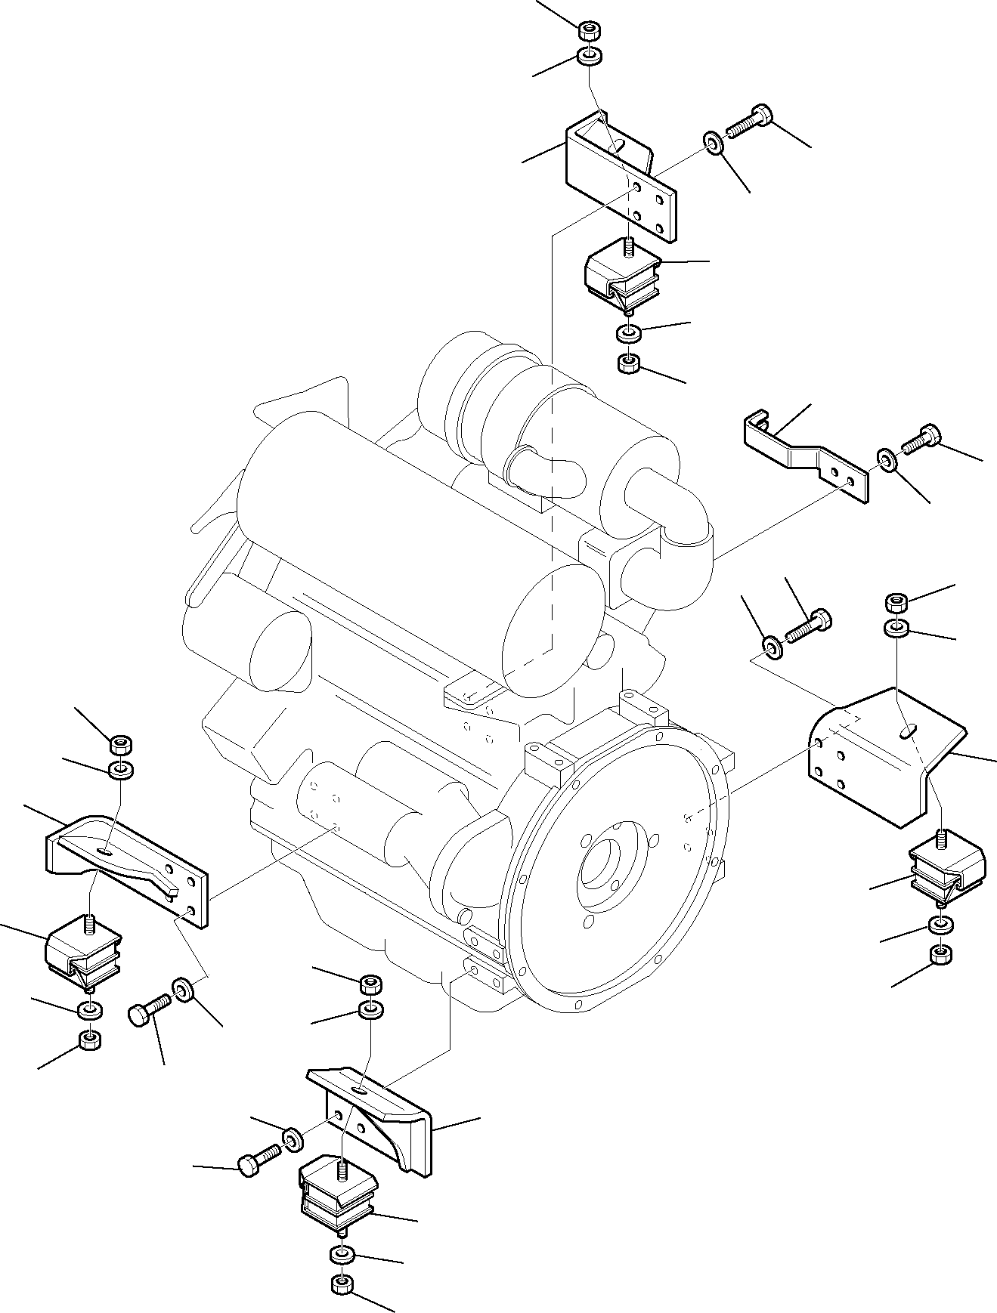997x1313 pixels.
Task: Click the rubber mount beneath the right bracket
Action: coord(944,866)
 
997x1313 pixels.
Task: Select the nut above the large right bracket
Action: coord(896,603)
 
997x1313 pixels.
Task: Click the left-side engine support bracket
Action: coord(125,865)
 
